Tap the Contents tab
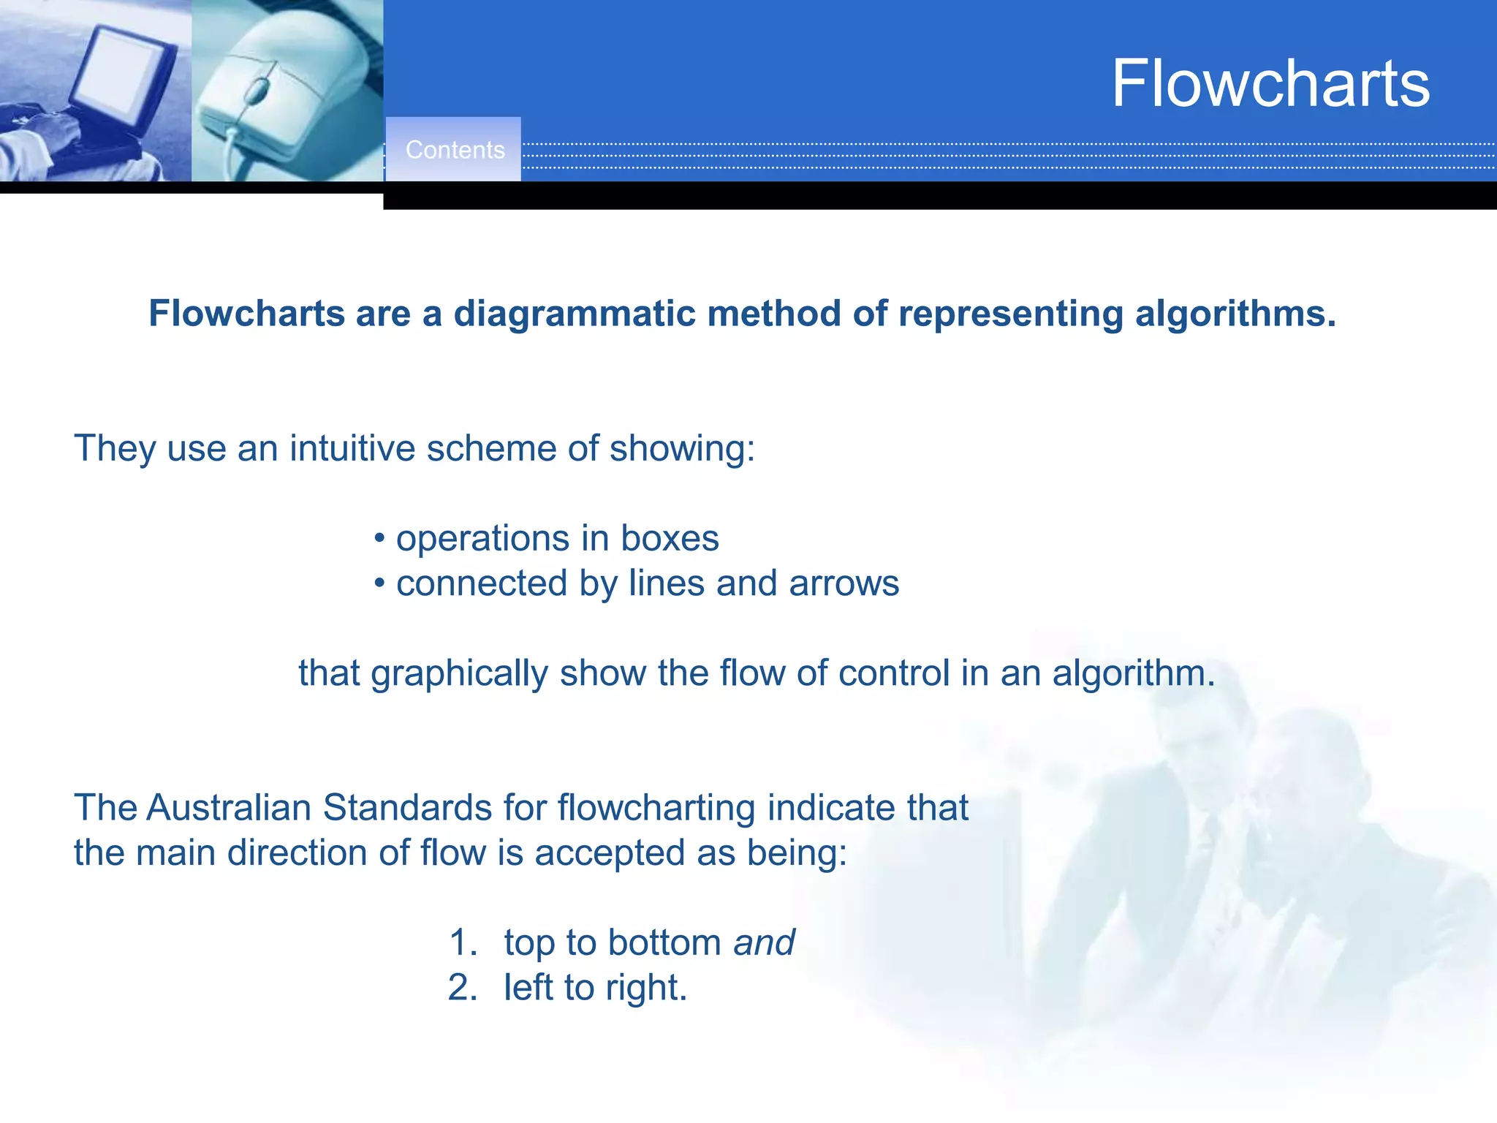click(x=455, y=150)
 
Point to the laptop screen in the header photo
click(x=121, y=69)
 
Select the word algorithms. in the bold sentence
click(x=1235, y=314)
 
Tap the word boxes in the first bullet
click(x=670, y=539)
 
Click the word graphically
click(x=459, y=673)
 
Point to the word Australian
click(x=229, y=808)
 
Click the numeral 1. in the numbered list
click(x=463, y=942)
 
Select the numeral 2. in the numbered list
click(x=463, y=988)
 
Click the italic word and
click(x=764, y=942)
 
